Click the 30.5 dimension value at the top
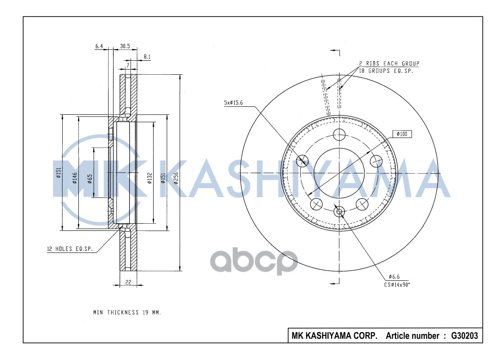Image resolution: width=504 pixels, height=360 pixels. (x=125, y=46)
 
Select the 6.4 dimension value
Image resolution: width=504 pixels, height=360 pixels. (x=99, y=46)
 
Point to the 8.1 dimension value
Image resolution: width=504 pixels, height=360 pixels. (x=147, y=57)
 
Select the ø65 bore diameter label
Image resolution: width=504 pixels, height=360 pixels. (x=90, y=179)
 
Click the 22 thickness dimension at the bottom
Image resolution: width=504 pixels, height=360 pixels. (x=128, y=282)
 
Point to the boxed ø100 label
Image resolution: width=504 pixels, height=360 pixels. (x=402, y=134)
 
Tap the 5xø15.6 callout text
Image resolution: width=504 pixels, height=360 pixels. (x=233, y=103)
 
